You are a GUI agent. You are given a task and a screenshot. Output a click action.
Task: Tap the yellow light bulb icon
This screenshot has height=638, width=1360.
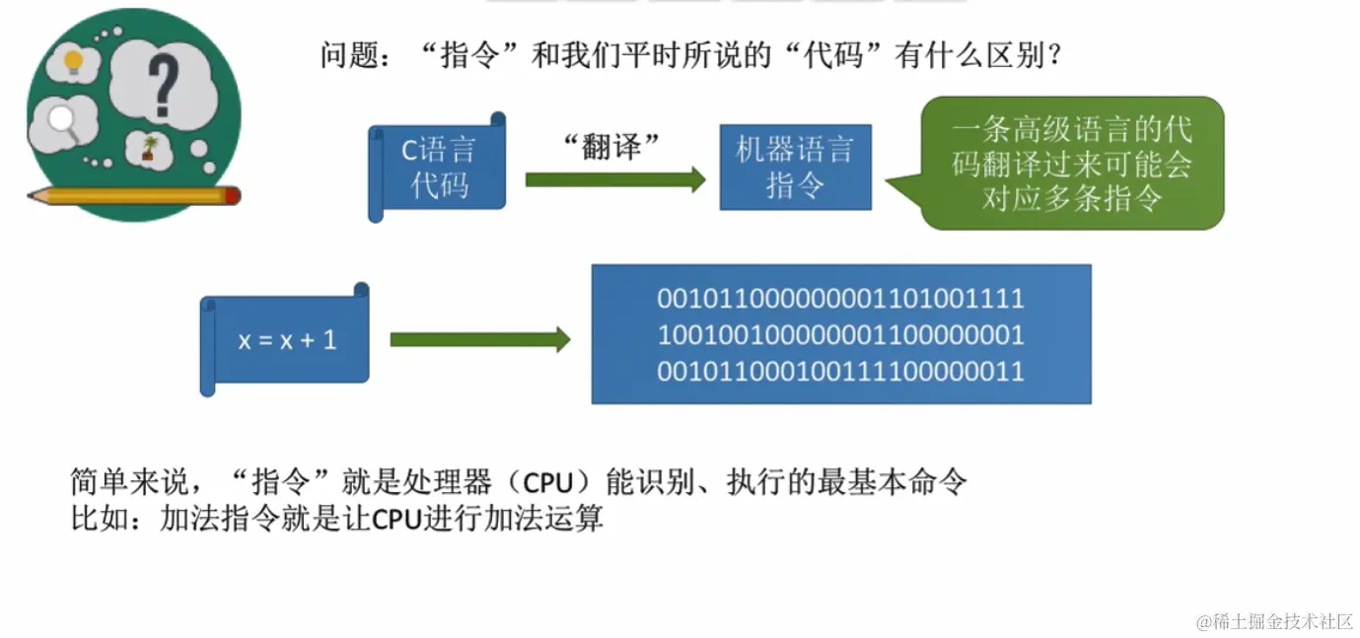coord(73,63)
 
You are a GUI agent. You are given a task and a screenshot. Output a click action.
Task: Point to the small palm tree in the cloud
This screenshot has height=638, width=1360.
coord(150,148)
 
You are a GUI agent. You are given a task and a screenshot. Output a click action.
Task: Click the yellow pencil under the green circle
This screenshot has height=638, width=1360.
coord(134,195)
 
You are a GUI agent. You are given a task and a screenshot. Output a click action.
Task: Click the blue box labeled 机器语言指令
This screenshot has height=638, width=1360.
coord(795,167)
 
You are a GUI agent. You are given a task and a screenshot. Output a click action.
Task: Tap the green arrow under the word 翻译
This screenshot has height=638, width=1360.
coord(614,179)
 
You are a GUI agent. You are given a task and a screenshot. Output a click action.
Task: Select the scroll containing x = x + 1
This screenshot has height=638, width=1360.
coord(286,340)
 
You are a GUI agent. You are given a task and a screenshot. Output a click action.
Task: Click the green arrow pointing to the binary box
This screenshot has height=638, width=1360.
coord(479,340)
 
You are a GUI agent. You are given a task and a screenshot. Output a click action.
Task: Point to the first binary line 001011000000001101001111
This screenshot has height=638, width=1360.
coord(840,299)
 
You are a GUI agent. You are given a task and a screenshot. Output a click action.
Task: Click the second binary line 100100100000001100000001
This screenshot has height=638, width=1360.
coord(840,335)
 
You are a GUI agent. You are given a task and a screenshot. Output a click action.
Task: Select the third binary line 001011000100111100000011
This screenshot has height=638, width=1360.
coord(840,372)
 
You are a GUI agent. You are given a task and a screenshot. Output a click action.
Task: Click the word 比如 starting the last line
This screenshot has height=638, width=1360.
coord(93,519)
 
